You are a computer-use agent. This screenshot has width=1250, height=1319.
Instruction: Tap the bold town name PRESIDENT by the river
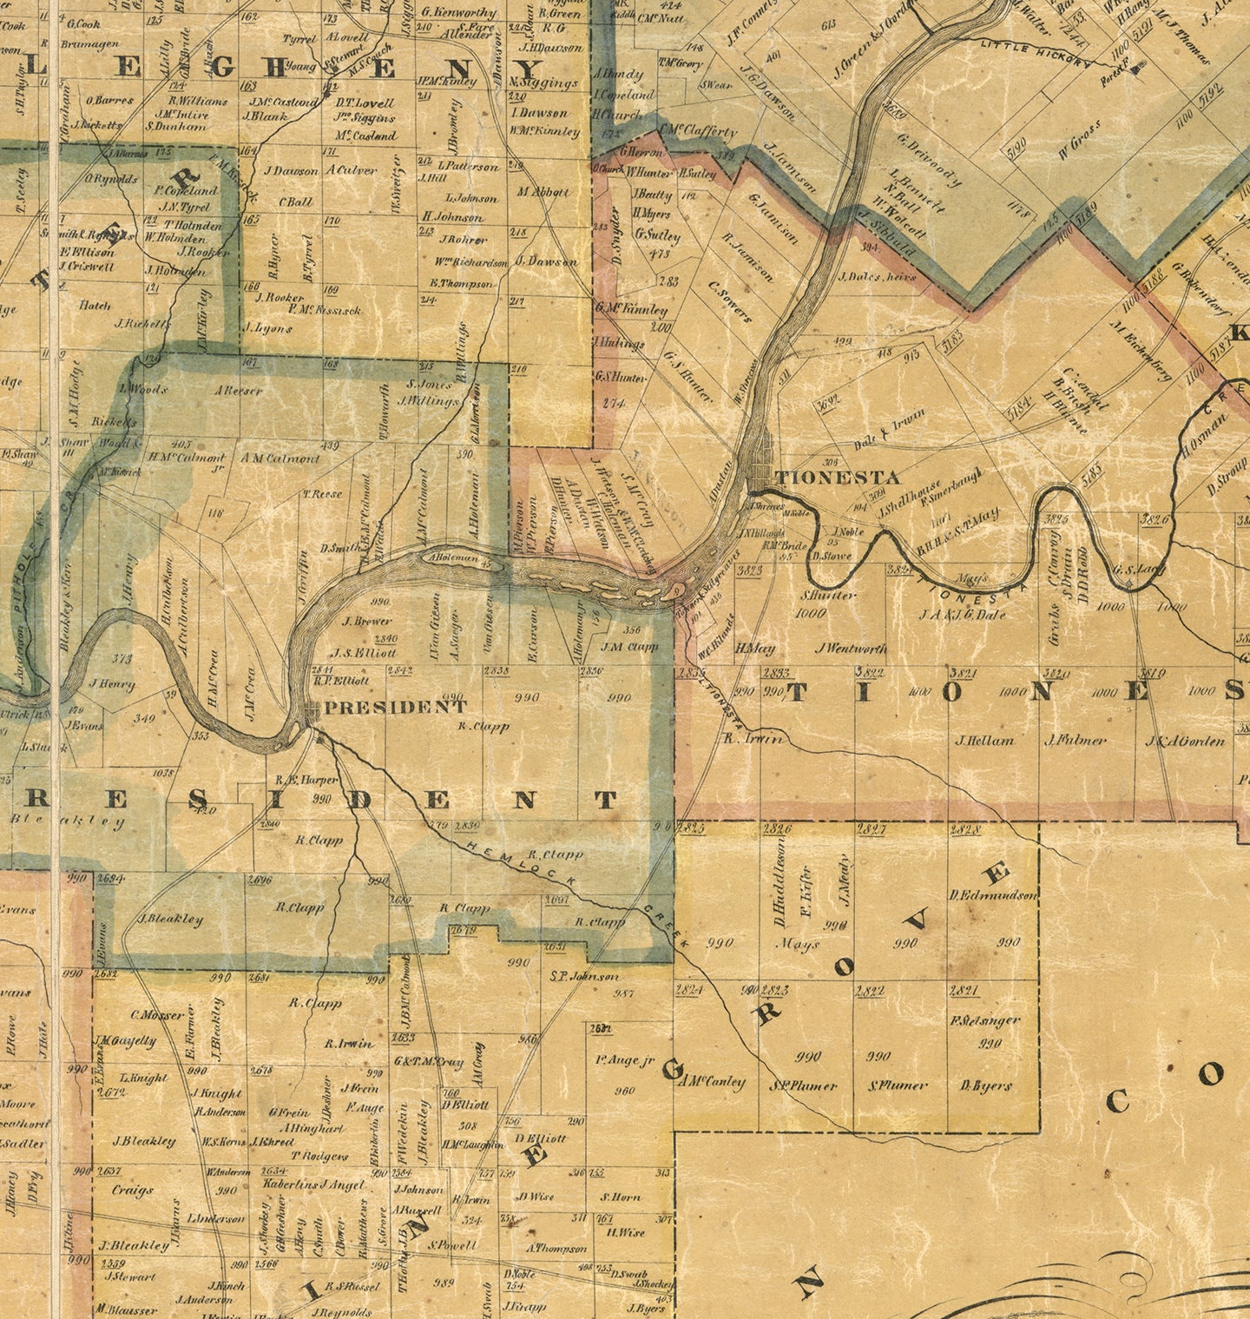395,707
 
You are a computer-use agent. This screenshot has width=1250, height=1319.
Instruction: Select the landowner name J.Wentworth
852,648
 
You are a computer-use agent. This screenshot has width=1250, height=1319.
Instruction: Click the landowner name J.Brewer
367,621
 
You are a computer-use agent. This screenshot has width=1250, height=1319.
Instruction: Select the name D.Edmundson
993,895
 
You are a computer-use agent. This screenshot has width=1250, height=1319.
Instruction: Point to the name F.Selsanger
985,1020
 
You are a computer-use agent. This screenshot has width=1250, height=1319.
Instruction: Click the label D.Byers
986,1085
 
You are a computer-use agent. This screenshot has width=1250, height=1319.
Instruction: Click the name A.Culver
352,170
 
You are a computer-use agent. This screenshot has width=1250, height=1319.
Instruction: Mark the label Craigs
132,1190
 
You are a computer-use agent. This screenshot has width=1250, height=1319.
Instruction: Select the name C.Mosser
157,1014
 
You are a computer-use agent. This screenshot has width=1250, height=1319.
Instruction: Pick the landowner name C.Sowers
730,301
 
